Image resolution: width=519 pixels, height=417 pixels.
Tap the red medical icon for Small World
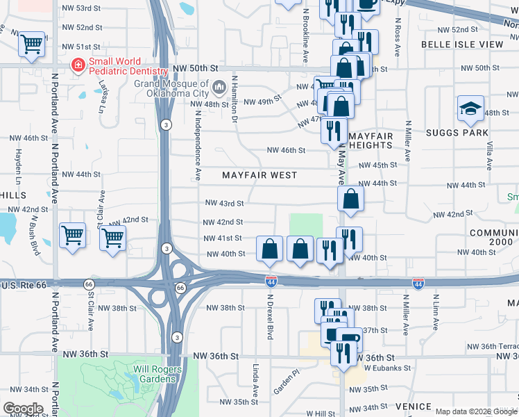78,66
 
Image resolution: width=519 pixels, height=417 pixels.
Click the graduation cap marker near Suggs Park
470,108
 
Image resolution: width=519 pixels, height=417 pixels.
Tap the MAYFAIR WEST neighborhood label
259,176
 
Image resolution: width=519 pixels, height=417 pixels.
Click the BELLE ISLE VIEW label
461,44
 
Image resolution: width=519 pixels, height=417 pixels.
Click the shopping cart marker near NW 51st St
32,44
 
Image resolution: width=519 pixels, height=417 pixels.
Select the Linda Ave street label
256,378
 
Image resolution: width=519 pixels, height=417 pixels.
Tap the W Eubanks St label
389,368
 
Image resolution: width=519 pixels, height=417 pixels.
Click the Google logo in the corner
23,409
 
